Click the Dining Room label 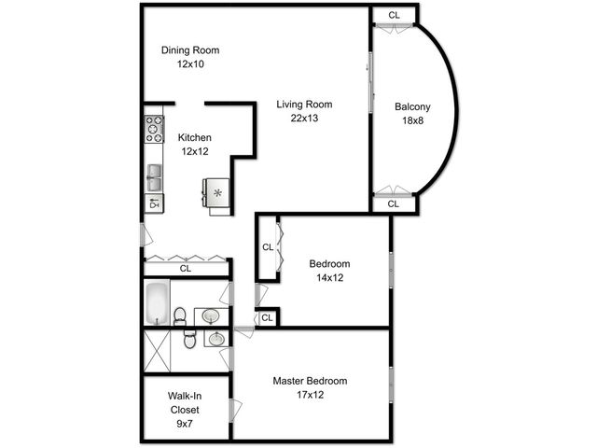click(x=191, y=50)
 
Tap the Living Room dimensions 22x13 click(x=304, y=119)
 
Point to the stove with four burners click(x=154, y=128)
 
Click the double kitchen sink click(x=154, y=175)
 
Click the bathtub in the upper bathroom click(x=157, y=301)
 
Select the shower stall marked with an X click(x=157, y=353)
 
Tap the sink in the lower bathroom click(x=215, y=338)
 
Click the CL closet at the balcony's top click(x=394, y=15)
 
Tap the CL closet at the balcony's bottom click(x=393, y=203)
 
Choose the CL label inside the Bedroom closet click(x=267, y=247)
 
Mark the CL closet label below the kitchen click(x=186, y=269)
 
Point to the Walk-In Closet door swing click(x=235, y=408)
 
